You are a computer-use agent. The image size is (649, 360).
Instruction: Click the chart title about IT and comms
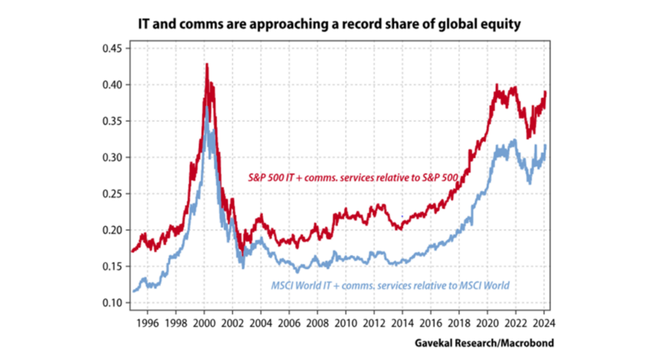324,25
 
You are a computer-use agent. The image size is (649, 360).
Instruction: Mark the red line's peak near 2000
206,64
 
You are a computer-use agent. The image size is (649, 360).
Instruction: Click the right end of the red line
546,92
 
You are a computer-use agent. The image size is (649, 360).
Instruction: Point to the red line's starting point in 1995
132,251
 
